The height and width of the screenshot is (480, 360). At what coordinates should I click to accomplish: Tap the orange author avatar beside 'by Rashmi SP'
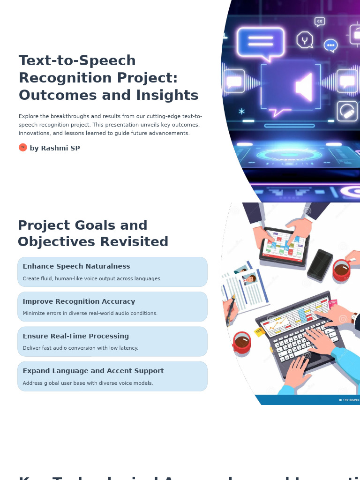(x=23, y=148)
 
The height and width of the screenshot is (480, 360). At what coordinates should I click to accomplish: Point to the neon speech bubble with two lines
(x=261, y=42)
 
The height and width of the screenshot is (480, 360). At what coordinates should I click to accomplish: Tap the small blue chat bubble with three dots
(x=331, y=45)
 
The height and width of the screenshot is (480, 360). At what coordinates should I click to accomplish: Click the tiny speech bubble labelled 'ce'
(x=320, y=21)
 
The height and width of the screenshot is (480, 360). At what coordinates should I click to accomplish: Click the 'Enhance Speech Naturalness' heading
(x=76, y=266)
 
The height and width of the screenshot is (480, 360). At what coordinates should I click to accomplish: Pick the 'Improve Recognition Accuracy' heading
(x=79, y=301)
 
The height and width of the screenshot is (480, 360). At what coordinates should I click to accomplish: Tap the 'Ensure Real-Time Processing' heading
(x=76, y=336)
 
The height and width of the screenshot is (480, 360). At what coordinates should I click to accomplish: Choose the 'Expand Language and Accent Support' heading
(x=93, y=371)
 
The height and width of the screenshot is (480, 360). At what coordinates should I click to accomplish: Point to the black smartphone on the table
(x=320, y=264)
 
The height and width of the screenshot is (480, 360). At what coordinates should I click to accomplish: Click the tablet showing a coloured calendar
(x=284, y=246)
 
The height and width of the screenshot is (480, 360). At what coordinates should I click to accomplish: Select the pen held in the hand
(x=230, y=312)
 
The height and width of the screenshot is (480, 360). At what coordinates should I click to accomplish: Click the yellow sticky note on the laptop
(x=259, y=332)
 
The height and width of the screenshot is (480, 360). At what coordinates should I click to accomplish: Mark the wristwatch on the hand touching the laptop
(x=354, y=318)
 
